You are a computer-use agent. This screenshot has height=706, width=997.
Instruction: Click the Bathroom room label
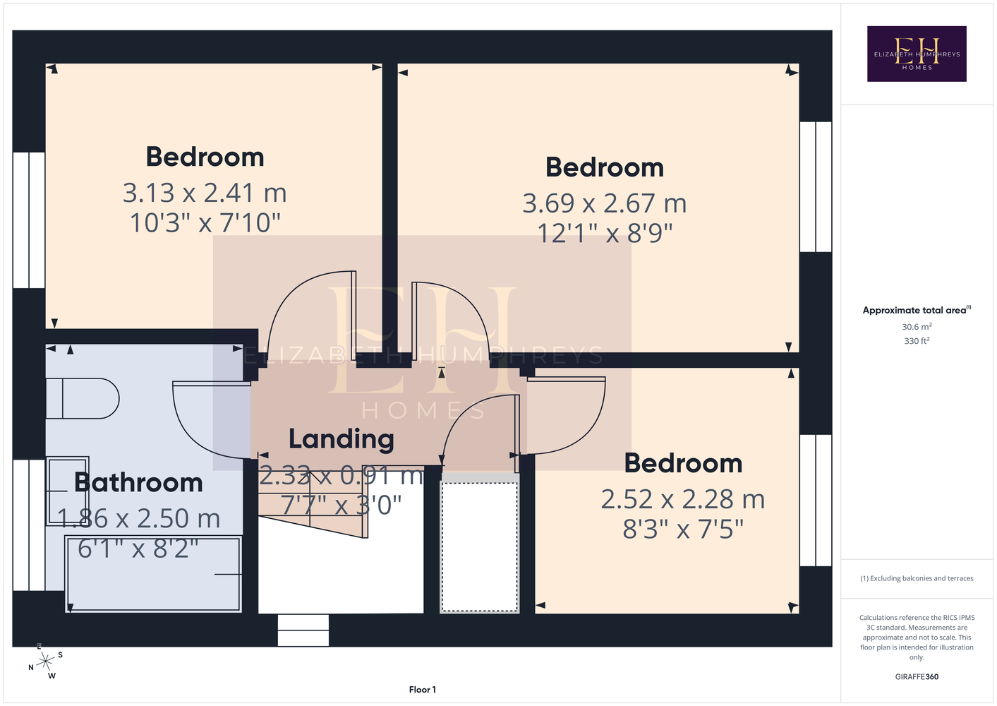[x=138, y=482]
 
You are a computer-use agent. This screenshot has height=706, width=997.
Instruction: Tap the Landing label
[x=342, y=439]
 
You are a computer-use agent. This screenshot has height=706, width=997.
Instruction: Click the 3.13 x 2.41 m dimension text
[x=205, y=193]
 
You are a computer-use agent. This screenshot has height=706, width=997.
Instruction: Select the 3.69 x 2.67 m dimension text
[x=605, y=203]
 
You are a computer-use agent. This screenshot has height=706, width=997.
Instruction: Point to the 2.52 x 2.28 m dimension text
[x=683, y=499]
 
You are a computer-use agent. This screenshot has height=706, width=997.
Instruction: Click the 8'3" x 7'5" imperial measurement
[x=683, y=529]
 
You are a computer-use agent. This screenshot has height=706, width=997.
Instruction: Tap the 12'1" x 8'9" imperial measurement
[x=605, y=233]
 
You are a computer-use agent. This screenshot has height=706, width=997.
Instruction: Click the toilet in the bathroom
[x=83, y=399]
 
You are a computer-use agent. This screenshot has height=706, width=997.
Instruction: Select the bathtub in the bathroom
[x=154, y=574]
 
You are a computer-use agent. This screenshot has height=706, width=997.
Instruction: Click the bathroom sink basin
[x=68, y=491]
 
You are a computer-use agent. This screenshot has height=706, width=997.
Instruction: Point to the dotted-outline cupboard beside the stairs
[x=479, y=547]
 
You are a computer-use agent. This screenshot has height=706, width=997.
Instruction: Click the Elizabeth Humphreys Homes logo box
[x=917, y=54]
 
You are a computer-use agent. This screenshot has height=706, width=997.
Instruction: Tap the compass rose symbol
[x=45, y=662]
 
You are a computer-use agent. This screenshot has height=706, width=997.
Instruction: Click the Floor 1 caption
[x=423, y=690]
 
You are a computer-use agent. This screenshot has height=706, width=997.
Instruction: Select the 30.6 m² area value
[x=917, y=326]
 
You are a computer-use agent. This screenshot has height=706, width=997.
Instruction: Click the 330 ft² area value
[x=917, y=341]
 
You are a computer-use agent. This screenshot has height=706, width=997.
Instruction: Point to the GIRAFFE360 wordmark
[x=917, y=676]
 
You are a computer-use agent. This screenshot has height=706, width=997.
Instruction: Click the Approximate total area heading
[x=917, y=310]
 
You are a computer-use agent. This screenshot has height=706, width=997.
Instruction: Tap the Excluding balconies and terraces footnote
[x=917, y=578]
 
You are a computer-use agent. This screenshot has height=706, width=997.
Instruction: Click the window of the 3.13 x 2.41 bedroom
[x=29, y=220]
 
